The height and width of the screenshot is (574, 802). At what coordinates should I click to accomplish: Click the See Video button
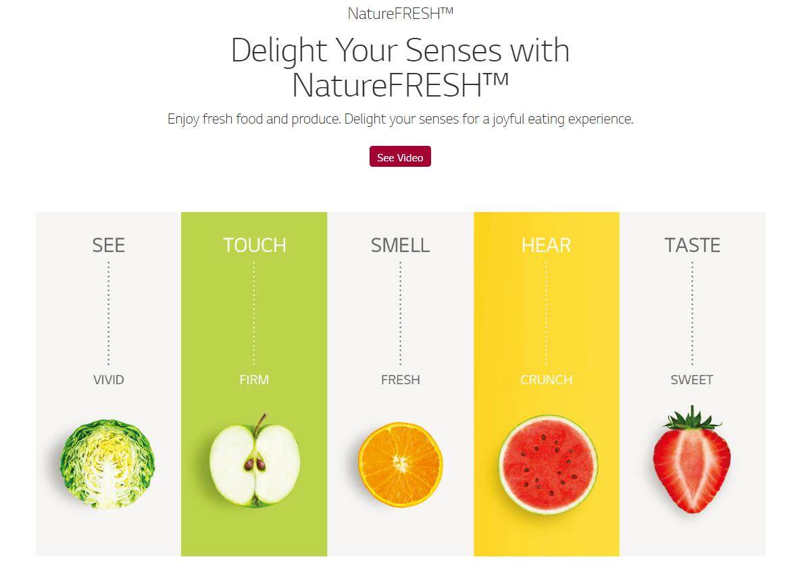[x=400, y=157]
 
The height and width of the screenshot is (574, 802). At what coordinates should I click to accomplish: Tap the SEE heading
[x=108, y=245]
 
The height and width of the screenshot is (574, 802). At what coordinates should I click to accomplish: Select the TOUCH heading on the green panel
[x=254, y=245]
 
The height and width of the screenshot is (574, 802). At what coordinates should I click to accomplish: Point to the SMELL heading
[x=400, y=245]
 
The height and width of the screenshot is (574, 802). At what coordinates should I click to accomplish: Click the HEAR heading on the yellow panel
[x=546, y=245]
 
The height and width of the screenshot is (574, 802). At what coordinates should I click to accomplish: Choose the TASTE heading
[x=692, y=245]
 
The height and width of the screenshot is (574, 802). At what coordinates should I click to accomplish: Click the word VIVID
[x=108, y=380]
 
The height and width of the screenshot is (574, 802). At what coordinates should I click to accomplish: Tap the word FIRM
[x=254, y=380]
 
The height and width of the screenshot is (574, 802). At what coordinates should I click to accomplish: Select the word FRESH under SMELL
[x=401, y=380]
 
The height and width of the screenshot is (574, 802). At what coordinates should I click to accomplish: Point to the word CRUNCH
[x=546, y=380]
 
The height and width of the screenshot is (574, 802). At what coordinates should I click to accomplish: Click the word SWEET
[x=692, y=380]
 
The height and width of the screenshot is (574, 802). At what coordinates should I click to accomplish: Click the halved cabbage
[x=107, y=464]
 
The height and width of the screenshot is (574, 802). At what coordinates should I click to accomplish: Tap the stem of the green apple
[x=260, y=424]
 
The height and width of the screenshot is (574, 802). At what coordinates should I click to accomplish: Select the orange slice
[x=401, y=464]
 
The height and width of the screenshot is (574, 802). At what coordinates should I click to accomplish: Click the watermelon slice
[x=548, y=464]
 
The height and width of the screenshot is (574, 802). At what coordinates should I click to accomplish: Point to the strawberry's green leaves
[x=692, y=419]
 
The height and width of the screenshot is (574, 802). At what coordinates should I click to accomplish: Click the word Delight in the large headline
[x=279, y=51]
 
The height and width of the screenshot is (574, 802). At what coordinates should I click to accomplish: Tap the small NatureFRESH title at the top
[x=401, y=14]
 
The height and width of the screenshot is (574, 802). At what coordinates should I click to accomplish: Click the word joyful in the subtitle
[x=508, y=119]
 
